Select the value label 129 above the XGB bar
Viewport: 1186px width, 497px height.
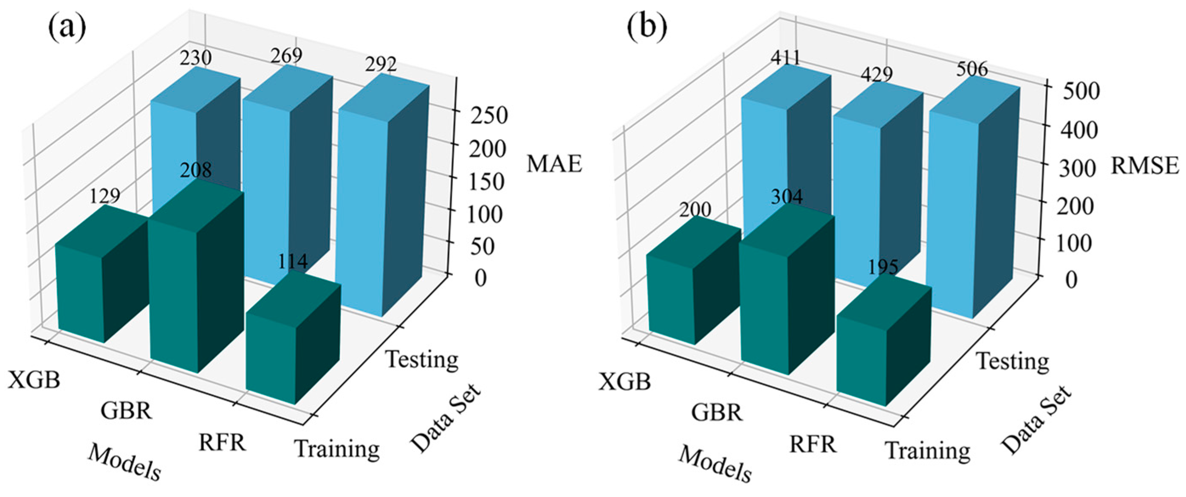point(104,196)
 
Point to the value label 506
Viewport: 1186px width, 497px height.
point(972,70)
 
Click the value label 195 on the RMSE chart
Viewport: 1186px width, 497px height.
point(883,267)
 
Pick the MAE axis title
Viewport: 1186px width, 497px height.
point(554,164)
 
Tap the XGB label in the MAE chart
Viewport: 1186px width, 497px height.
point(34,380)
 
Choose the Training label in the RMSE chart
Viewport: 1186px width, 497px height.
point(928,450)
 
